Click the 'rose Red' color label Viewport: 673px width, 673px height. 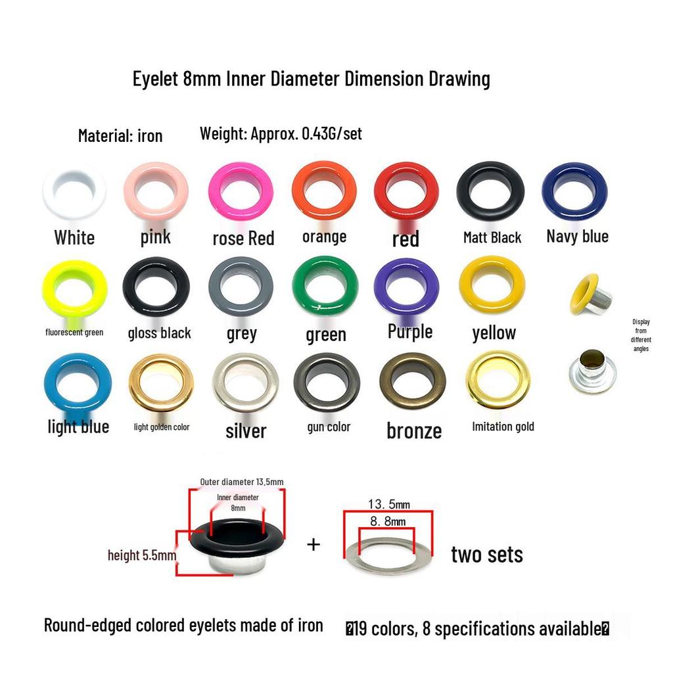243,239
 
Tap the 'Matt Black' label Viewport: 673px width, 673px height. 492,237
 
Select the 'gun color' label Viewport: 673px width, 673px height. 329,427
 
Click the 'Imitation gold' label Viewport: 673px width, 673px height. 503,426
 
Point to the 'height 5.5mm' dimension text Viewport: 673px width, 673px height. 142,555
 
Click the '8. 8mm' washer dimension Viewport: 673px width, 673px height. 388,521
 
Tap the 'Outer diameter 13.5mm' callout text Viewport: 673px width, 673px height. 242,482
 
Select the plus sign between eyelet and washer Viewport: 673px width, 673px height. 313,545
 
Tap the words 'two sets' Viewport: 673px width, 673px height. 487,555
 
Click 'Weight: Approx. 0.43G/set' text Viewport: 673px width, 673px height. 281,134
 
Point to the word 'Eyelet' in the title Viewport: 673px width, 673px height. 155,80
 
